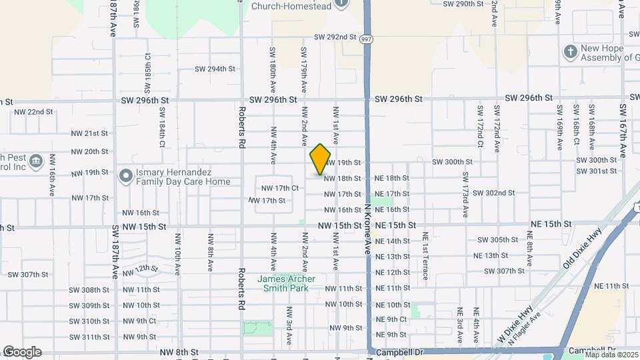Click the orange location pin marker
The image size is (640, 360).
(x=321, y=159)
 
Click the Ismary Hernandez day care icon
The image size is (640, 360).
(x=125, y=176)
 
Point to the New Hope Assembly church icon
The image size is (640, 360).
(x=570, y=52)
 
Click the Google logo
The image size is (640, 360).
(x=21, y=352)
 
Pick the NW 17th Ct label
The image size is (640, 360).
(x=279, y=188)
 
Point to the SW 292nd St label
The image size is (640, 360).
(x=337, y=37)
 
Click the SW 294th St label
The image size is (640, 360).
(x=215, y=69)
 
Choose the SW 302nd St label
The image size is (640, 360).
(x=494, y=193)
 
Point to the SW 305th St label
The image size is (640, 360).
(x=498, y=240)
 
